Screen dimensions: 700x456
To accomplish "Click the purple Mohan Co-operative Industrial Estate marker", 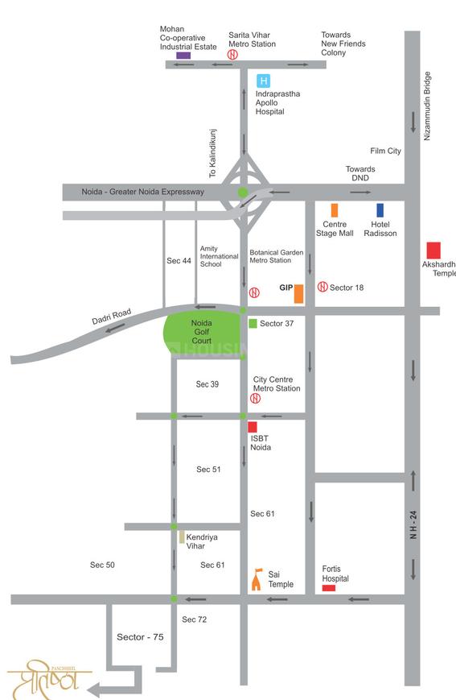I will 183,55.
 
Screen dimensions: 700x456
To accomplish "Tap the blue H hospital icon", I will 263,81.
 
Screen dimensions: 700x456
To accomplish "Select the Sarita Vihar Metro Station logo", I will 232,55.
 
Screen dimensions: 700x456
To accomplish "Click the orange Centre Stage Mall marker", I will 335,210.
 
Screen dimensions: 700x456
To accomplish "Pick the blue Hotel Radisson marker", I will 380,210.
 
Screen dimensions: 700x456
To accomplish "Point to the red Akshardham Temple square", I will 433,250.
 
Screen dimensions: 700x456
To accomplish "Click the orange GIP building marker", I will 298,293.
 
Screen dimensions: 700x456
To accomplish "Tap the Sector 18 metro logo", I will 322,287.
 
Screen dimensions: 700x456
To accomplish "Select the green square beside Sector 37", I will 253,323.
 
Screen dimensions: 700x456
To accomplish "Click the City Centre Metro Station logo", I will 256,398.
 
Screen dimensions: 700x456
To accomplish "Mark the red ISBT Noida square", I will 253,427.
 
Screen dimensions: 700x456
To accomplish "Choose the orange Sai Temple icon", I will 258,579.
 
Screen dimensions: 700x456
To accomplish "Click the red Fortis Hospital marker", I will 329,588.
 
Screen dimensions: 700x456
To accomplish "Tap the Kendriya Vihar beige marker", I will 183,536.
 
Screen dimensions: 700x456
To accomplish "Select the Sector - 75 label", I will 140,637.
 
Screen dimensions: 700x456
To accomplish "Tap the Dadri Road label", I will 111,317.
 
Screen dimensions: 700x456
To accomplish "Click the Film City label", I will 385,151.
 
